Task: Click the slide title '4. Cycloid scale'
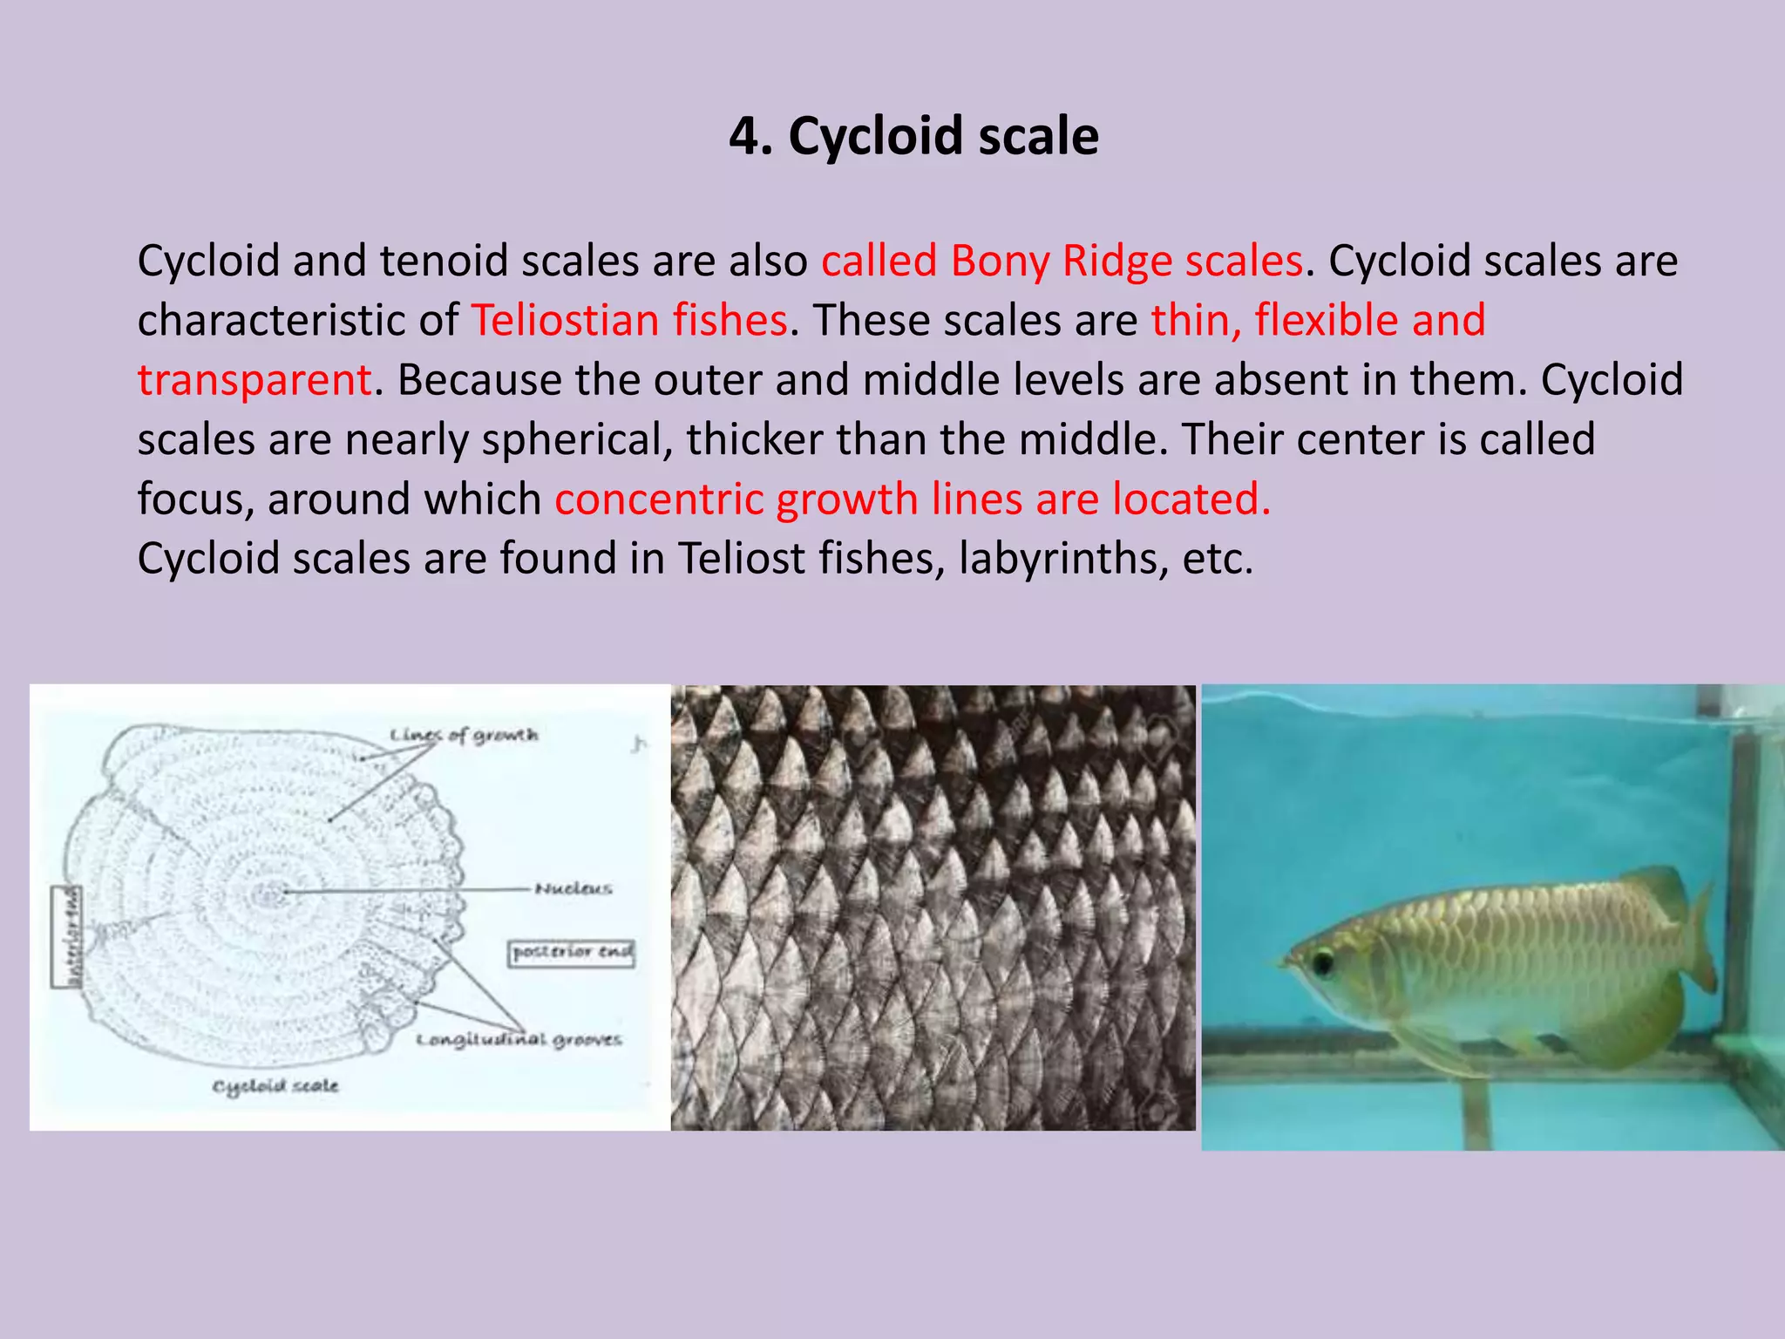(913, 137)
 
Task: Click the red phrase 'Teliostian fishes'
(629, 320)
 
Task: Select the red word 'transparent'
(255, 380)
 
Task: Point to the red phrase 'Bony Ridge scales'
(1126, 261)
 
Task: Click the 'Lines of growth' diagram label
(464, 735)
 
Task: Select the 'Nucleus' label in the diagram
(573, 888)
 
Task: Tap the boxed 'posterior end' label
(572, 952)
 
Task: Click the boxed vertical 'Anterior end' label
(67, 936)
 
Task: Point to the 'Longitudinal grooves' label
(519, 1039)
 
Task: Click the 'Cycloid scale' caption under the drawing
(275, 1085)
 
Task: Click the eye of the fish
(1322, 962)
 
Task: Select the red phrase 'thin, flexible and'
(1318, 320)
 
